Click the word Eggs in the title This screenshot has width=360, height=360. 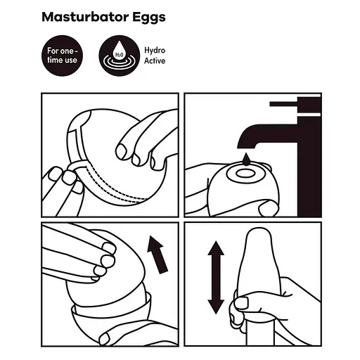pos(149,18)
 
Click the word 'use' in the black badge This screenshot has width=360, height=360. pos(71,62)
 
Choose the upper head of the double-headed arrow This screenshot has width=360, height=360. pos(217,250)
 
